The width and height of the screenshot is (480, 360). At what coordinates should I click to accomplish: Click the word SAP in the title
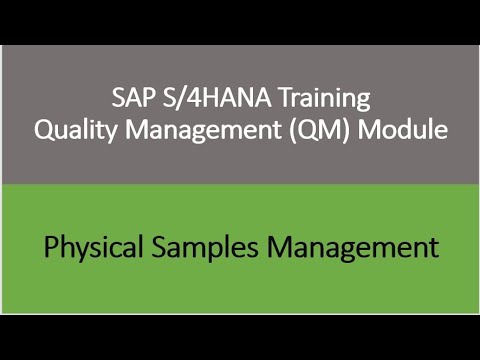128,100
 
